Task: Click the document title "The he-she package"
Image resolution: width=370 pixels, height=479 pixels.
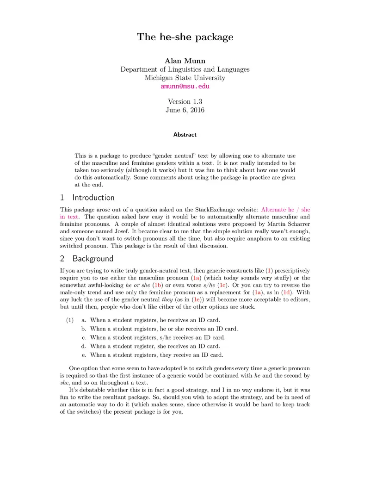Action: (185, 37)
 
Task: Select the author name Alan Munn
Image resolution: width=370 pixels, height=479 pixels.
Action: (185, 61)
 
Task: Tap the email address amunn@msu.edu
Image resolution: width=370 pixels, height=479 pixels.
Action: (185, 86)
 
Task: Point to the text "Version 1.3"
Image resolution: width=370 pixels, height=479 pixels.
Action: (185, 101)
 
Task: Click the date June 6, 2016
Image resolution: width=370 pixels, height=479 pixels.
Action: (185, 110)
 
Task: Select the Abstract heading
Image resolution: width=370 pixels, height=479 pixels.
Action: (185, 135)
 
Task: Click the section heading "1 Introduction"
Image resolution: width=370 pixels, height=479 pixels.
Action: (87, 198)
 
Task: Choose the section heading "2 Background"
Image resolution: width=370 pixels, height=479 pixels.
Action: (86, 258)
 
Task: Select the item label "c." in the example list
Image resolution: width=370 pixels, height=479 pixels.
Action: (84, 337)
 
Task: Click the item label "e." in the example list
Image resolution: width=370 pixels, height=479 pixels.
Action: (84, 355)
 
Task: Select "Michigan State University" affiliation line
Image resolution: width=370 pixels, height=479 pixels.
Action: (185, 78)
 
